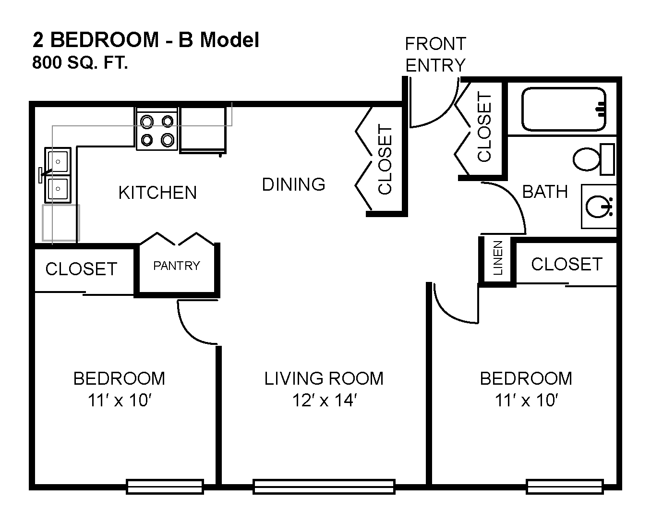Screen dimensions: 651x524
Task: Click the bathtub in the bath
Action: [x=564, y=110]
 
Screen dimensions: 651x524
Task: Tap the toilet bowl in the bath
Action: [x=586, y=159]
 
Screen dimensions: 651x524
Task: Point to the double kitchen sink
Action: [x=58, y=175]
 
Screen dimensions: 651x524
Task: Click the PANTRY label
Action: [x=177, y=266]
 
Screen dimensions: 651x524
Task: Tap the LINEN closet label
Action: [x=498, y=258]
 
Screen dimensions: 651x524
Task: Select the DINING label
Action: [x=293, y=184]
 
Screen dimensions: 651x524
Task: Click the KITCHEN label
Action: [x=157, y=193]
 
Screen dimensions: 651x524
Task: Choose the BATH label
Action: [x=545, y=192]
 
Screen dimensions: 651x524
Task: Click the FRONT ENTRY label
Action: [x=435, y=54]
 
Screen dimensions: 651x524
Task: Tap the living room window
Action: [x=324, y=487]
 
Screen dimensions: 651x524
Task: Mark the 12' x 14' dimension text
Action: [x=325, y=400]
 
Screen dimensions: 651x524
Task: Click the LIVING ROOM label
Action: [x=324, y=378]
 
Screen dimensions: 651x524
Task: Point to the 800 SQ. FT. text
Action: [x=80, y=62]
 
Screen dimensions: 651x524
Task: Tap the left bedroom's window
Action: [x=165, y=487]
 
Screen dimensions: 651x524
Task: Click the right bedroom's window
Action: [x=565, y=487]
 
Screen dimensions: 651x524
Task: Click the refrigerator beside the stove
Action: [x=203, y=130]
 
